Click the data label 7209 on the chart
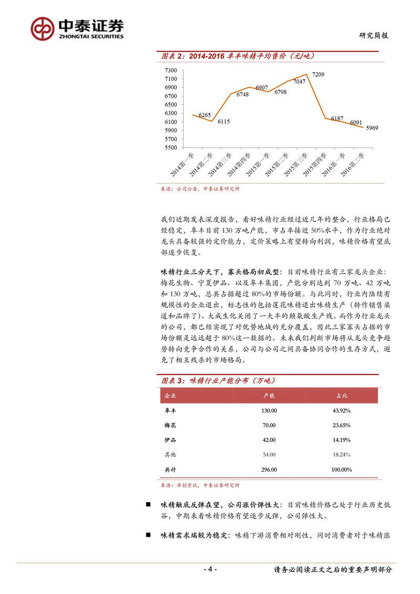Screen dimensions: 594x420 pyautogui.click(x=318, y=75)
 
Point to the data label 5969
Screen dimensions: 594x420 pyautogui.click(x=372, y=128)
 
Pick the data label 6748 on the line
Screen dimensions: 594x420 pyautogui.click(x=243, y=95)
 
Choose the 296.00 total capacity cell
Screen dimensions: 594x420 pyautogui.click(x=269, y=470)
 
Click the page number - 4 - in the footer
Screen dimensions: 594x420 pyautogui.click(x=210, y=570)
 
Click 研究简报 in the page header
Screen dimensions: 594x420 pyautogui.click(x=374, y=35)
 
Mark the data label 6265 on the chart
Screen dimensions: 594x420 pyautogui.click(x=205, y=116)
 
